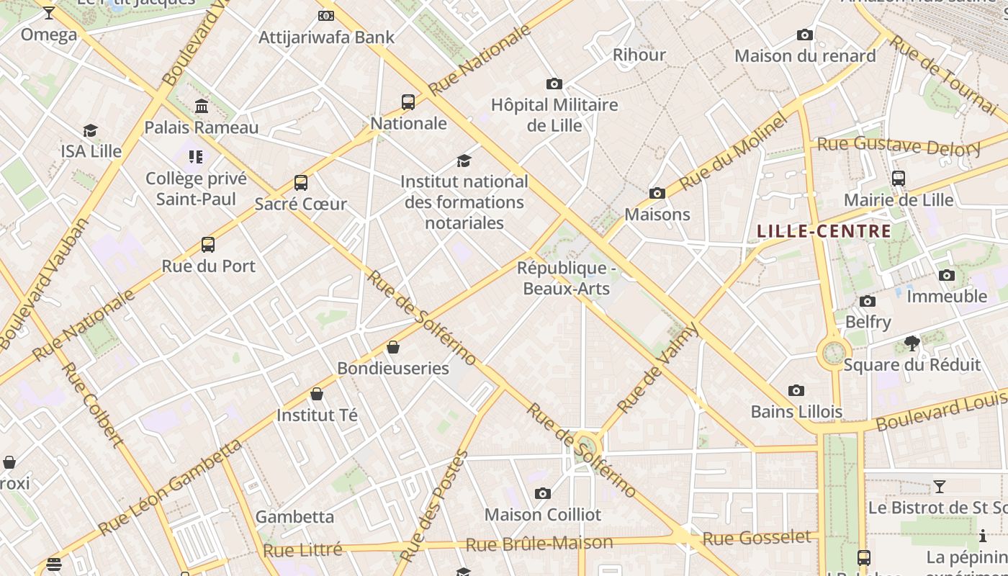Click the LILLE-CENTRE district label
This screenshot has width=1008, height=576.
[824, 232]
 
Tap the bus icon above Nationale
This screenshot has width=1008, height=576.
[408, 102]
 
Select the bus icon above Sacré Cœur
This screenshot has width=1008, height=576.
[301, 183]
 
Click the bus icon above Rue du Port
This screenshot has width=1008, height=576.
[208, 245]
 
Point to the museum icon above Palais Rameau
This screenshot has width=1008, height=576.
[202, 107]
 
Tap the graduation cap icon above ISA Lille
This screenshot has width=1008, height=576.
[90, 130]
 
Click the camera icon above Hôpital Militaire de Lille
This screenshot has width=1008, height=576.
[554, 84]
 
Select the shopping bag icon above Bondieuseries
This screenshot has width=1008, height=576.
[393, 348]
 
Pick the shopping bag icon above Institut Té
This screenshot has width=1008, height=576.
[317, 394]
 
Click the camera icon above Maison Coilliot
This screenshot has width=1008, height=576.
[543, 494]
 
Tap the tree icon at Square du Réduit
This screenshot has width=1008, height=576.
[912, 343]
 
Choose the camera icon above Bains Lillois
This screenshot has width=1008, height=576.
[796, 391]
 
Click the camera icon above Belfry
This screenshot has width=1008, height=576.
[868, 301]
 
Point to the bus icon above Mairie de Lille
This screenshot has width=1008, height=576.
[899, 179]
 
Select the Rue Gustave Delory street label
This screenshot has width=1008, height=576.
[899, 146]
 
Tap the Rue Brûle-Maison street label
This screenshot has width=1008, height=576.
[539, 544]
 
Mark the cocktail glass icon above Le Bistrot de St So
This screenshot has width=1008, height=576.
[939, 487]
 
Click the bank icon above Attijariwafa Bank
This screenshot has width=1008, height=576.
[326, 16]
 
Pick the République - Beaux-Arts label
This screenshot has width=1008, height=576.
[567, 279]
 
